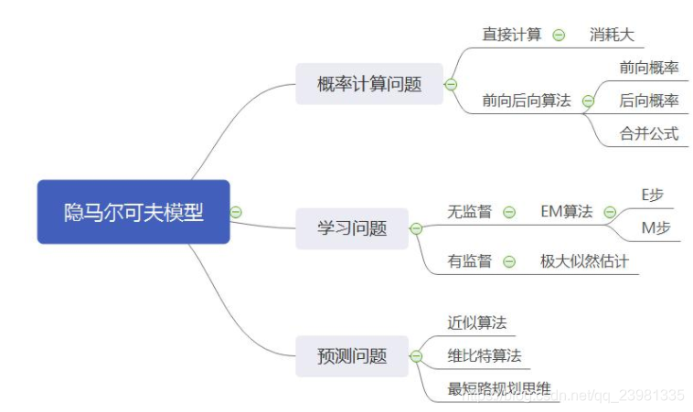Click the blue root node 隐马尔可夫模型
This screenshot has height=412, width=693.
pyautogui.click(x=133, y=212)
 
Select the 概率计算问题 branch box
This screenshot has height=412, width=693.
pyautogui.click(x=368, y=85)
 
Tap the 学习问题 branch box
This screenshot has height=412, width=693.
pyautogui.click(x=353, y=227)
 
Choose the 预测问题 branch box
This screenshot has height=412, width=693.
pyautogui.click(x=353, y=355)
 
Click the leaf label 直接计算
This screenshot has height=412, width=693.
pyautogui.click(x=512, y=35)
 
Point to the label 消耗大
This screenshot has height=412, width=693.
pyautogui.click(x=612, y=35)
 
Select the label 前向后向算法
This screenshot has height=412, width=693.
pyautogui.click(x=527, y=101)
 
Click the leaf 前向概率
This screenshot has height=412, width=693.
pyautogui.click(x=649, y=68)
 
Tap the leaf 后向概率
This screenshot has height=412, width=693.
pyautogui.click(x=649, y=100)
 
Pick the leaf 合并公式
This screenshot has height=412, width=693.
pyautogui.click(x=649, y=133)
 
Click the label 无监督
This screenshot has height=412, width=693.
pyautogui.click(x=469, y=212)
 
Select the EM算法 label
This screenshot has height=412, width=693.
pyautogui.click(x=567, y=212)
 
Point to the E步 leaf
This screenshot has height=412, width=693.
pyautogui.click(x=656, y=195)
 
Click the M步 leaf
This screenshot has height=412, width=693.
pyautogui.click(x=656, y=227)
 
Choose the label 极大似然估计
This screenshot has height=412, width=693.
pyautogui.click(x=584, y=261)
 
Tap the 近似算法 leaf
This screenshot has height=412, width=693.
pyautogui.click(x=477, y=322)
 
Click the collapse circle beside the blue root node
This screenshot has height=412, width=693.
pyautogui.click(x=236, y=212)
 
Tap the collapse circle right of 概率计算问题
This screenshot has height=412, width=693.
pyautogui.click(x=450, y=85)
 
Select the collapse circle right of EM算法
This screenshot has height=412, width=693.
pyautogui.click(x=610, y=212)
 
